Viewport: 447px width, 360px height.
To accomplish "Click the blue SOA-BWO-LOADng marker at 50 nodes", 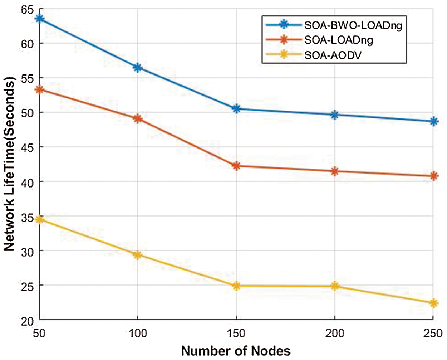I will pos(40,19).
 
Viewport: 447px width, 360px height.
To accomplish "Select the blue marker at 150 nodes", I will pos(236,109).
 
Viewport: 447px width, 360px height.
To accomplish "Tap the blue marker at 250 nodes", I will pos(433,122).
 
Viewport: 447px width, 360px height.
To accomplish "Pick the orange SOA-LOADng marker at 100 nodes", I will pos(138,118).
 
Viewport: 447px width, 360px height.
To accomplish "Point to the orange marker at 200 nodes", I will pos(335,171).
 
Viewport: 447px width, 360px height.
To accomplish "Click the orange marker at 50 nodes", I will pos(40,89).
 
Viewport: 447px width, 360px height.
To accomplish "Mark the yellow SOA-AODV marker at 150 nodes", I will pos(236,286).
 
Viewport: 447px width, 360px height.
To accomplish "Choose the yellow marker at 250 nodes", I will pos(433,303).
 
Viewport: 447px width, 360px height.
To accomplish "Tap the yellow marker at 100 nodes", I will pos(138,255).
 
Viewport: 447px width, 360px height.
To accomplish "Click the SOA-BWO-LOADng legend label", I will pos(353,25).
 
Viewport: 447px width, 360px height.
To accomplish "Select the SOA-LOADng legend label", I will pos(338,40).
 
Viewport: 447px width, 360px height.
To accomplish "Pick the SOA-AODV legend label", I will pos(333,55).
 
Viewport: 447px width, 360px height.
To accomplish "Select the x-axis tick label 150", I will pos(236,334).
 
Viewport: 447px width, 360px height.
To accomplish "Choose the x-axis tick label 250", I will pos(433,334).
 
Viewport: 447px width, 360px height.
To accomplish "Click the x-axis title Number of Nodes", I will pos(236,351).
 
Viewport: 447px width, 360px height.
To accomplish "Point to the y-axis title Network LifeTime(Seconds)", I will pos(9,164).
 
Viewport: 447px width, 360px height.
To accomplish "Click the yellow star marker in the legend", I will pos(284,55).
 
